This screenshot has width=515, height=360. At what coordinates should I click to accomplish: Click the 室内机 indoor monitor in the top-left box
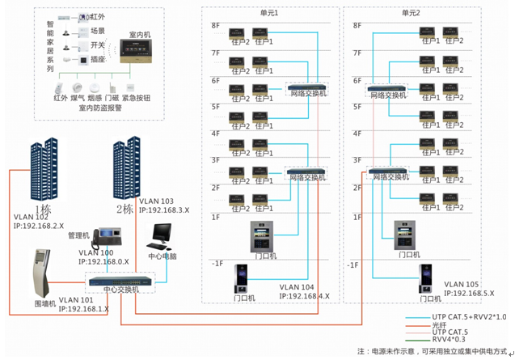(138, 51)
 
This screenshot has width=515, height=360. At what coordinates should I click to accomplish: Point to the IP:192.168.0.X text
(104, 262)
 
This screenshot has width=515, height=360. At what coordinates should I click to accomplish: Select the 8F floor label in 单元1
(216, 26)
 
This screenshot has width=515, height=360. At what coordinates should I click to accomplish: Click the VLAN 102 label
(32, 217)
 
